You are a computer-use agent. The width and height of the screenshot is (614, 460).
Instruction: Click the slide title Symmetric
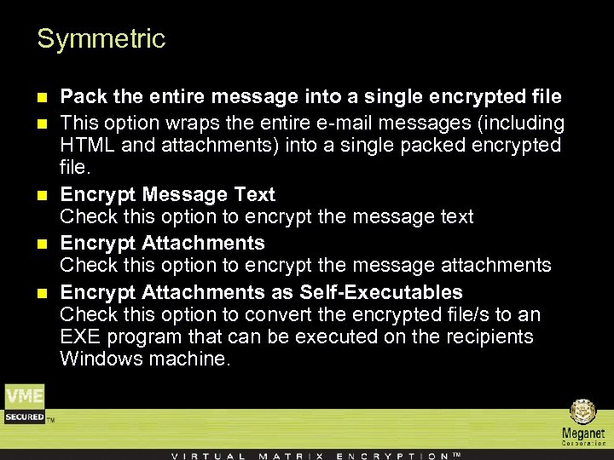coord(101,39)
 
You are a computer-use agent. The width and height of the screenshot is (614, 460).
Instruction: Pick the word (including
coord(521,123)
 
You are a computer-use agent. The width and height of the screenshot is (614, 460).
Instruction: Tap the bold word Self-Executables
coord(381,293)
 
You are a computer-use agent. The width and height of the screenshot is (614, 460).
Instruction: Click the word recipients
coord(485,336)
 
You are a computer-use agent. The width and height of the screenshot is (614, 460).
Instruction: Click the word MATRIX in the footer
coord(290,455)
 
